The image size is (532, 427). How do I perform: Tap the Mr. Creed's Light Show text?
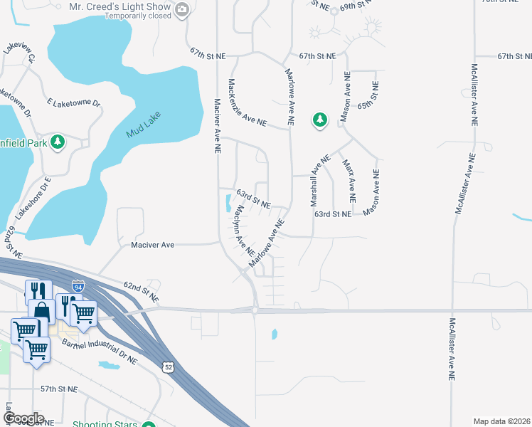coord(119,8)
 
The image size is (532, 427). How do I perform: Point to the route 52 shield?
coord(167,367)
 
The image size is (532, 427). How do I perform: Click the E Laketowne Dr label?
coord(73,102)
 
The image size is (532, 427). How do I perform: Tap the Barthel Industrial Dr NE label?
coord(100,352)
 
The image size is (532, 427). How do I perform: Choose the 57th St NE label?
coord(58,389)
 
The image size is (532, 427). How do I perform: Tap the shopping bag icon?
coord(41,311)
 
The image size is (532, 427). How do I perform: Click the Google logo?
coord(23,418)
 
